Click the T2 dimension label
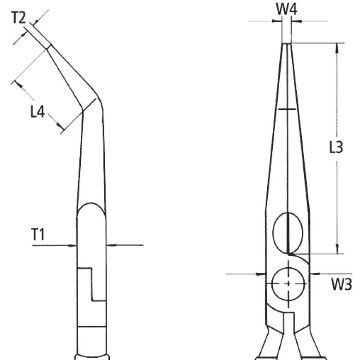click(x=18, y=18)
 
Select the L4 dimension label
click(x=37, y=112)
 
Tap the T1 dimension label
click(x=38, y=234)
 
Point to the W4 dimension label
click(x=286, y=9)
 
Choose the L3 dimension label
click(x=336, y=147)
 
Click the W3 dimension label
click(x=342, y=284)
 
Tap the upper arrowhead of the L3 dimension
click(x=337, y=47)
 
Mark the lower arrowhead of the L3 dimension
click(x=337, y=249)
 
